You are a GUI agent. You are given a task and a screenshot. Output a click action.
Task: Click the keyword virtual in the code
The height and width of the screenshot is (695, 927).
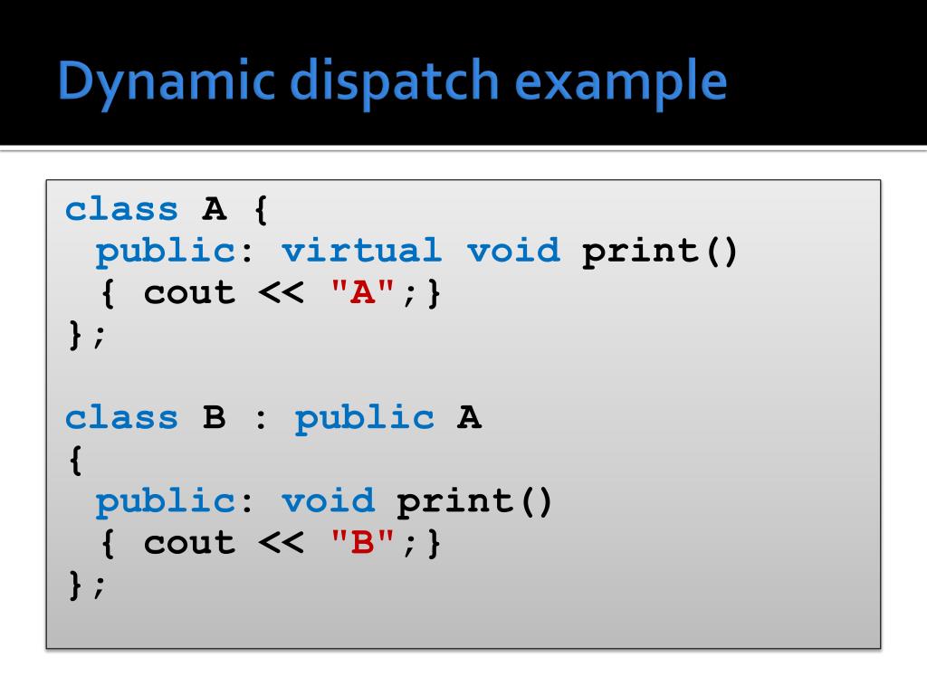point(361,251)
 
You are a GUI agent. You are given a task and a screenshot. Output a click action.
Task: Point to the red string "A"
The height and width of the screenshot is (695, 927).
point(364,292)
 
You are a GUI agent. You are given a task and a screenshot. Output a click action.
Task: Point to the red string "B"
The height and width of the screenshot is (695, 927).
point(364,542)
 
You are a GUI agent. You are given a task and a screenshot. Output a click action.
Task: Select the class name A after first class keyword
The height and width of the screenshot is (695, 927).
point(214,209)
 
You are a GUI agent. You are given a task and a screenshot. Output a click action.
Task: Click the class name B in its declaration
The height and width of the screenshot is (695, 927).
point(214,417)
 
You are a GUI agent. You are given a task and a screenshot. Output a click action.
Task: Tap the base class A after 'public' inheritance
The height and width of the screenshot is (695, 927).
point(469,417)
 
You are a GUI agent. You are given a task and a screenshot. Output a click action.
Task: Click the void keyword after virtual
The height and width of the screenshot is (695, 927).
point(513,251)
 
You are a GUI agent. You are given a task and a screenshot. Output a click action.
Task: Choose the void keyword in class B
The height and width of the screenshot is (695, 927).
point(328,500)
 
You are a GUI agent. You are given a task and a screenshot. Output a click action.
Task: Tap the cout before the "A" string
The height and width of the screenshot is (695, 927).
point(189,292)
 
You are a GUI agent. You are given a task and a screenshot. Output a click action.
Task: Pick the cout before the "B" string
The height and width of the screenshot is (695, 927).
point(189,542)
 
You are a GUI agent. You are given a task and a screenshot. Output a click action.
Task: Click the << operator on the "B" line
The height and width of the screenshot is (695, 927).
point(282,542)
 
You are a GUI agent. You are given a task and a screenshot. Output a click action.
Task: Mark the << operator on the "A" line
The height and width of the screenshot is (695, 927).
point(282,292)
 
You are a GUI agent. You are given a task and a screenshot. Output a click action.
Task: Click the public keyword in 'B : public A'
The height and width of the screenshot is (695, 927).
point(365,417)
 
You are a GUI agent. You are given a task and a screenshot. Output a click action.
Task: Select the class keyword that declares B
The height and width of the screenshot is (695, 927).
point(122,417)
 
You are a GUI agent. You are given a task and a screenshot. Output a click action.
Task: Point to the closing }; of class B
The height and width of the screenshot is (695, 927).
point(87,585)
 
